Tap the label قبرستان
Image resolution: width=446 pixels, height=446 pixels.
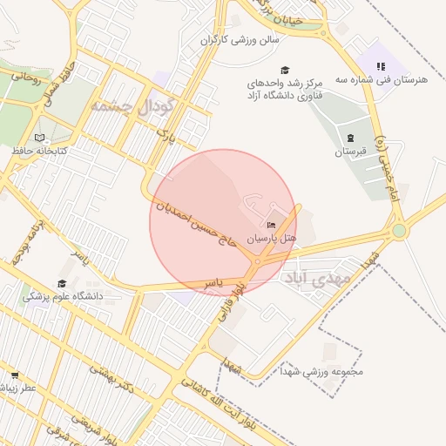(353, 152)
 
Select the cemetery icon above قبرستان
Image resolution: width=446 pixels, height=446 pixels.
(350, 139)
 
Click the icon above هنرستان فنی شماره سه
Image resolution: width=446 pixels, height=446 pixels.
(380, 66)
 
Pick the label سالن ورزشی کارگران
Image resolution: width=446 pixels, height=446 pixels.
(240, 39)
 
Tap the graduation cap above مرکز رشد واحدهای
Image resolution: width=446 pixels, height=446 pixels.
(284, 70)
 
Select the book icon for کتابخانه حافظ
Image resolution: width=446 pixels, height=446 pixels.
(38, 138)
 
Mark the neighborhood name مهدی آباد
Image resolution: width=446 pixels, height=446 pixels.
(314, 278)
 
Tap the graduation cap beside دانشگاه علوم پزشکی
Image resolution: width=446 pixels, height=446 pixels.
(62, 284)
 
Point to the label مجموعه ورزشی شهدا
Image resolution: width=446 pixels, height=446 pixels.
(321, 371)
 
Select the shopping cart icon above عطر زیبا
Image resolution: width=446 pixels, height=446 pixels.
(15, 375)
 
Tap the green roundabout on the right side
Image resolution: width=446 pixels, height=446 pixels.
(399, 231)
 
